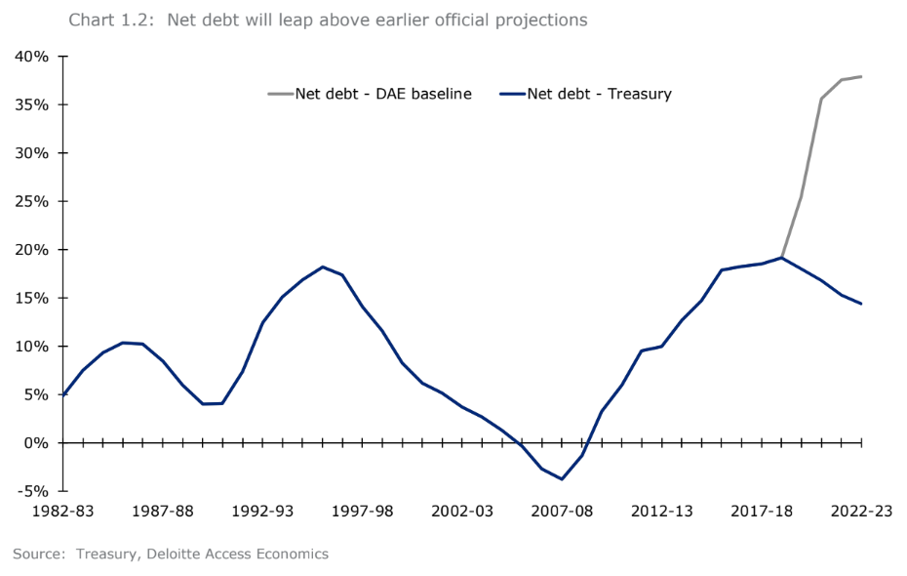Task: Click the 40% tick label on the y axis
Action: pos(31,57)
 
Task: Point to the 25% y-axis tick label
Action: pos(31,201)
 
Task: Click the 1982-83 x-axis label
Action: pos(62,511)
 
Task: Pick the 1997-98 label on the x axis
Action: pos(362,511)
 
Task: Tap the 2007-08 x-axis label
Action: pos(562,511)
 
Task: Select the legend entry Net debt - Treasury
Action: pos(599,95)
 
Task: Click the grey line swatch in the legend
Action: pos(279,95)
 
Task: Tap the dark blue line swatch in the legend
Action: pos(512,95)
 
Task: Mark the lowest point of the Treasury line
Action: pos(562,478)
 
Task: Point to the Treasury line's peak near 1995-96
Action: pos(322,267)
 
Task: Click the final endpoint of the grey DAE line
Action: pos(861,76)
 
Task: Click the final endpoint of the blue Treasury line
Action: pos(861,304)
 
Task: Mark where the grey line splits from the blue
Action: pos(781,258)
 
